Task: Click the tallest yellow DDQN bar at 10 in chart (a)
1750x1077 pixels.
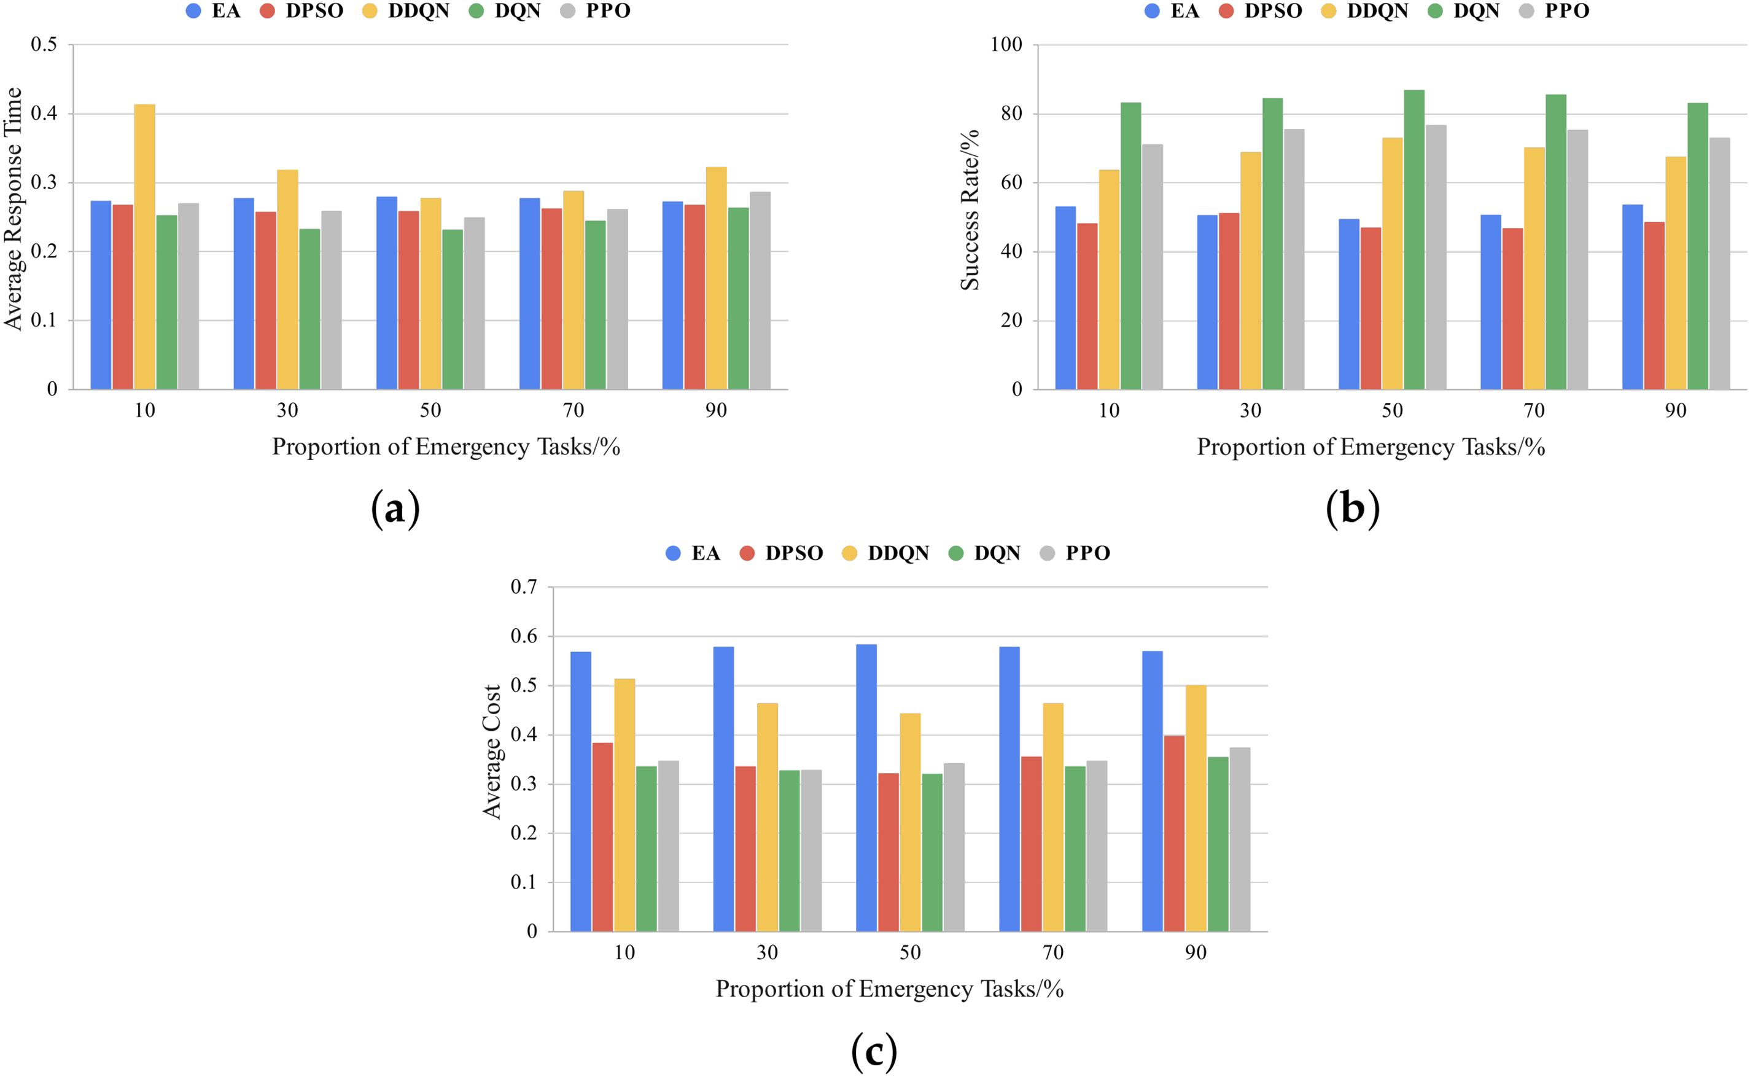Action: (x=144, y=246)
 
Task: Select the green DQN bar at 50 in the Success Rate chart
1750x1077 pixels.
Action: (x=1414, y=239)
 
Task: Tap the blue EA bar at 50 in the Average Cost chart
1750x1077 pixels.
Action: (x=866, y=788)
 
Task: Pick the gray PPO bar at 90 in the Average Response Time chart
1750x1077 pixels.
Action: (x=760, y=290)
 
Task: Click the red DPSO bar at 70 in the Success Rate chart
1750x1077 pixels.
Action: (x=1513, y=308)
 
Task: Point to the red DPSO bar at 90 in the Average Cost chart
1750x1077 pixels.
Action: (x=1174, y=833)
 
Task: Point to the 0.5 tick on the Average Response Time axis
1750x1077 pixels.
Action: (x=44, y=44)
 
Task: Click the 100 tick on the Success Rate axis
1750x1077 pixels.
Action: (x=1006, y=44)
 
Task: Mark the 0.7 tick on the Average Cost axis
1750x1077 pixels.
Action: (x=524, y=587)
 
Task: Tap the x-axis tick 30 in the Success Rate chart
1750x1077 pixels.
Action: (x=1251, y=410)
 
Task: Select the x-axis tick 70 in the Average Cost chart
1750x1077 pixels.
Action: (x=1052, y=952)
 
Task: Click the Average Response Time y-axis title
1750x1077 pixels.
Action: (x=14, y=209)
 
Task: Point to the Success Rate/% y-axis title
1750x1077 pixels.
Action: (x=970, y=209)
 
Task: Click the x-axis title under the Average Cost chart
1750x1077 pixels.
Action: (x=890, y=989)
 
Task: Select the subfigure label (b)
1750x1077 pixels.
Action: (x=1353, y=508)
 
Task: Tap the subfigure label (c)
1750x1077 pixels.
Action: (x=874, y=1051)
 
